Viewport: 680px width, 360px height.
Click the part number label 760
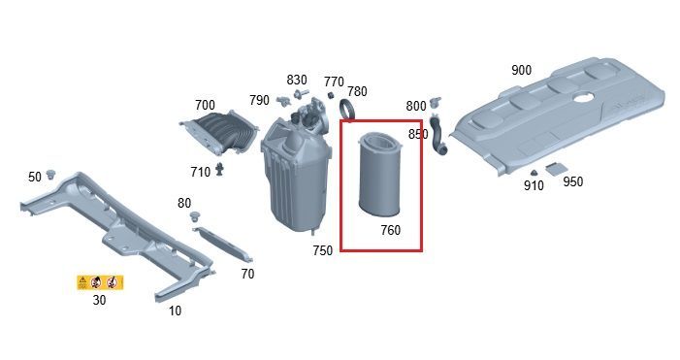[x=390, y=230]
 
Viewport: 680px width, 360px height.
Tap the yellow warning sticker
[x=100, y=282]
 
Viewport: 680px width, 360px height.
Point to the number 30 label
[x=99, y=300]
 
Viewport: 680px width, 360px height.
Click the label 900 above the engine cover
[x=521, y=70]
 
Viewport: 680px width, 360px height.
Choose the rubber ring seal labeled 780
[x=347, y=109]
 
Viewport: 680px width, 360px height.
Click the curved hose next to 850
[x=437, y=135]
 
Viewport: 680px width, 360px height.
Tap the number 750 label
[x=322, y=250]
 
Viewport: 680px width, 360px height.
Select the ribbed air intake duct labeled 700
[x=219, y=132]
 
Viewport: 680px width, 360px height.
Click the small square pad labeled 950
[x=555, y=169]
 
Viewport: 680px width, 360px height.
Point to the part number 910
[x=534, y=185]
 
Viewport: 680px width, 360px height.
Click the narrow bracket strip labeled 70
[x=223, y=245]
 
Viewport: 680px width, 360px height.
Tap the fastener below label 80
[x=197, y=216]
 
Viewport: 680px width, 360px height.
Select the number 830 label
[x=297, y=80]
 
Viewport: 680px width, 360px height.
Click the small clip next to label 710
[x=220, y=169]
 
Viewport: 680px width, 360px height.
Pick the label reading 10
[x=175, y=311]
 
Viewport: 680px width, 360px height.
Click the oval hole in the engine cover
[x=583, y=97]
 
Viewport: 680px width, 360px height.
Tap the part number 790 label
[x=259, y=100]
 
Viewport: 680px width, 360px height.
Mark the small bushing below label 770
[x=330, y=95]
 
